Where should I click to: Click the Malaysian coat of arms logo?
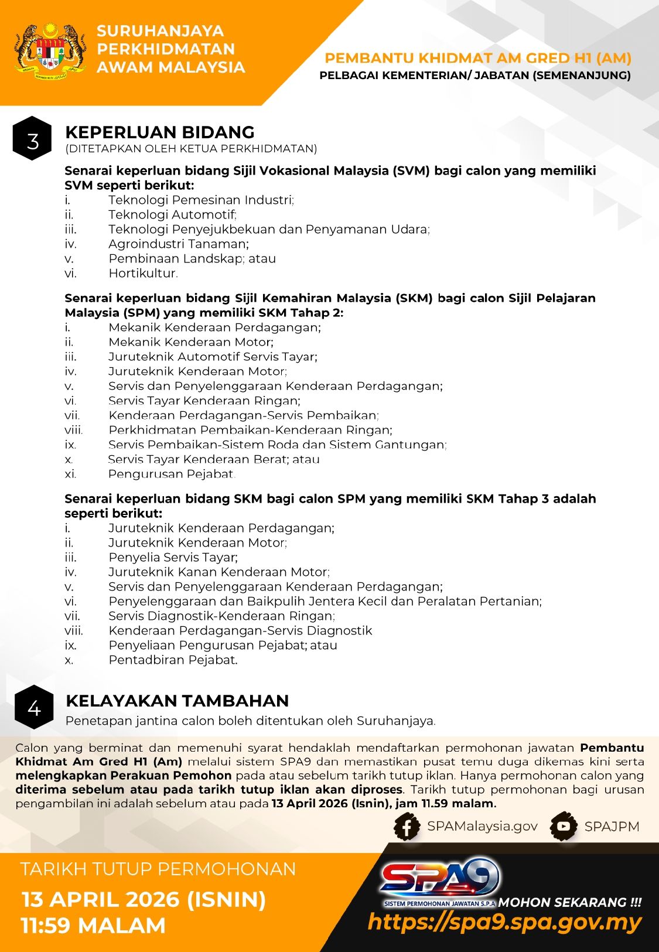pos(50,51)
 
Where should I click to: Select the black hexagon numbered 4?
pos(34,707)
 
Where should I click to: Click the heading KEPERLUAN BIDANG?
pos(159,132)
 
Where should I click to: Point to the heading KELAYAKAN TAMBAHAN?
pos(177,701)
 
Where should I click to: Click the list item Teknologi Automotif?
pos(172,214)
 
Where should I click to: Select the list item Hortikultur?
pos(143,273)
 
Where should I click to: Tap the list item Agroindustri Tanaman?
pos(178,244)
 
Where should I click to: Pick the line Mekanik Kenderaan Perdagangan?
pos(214,327)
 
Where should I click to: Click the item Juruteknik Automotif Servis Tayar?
pos(213,357)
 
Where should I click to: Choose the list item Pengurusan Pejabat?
pos(172,474)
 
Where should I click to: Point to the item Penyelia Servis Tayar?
pos(173,557)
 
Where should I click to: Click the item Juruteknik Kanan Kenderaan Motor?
pos(218,572)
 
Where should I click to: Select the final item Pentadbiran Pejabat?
pos(173,660)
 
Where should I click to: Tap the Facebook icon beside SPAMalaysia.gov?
pos(407,827)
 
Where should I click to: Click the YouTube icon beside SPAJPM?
pos(564,827)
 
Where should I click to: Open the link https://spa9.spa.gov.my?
pos(504,923)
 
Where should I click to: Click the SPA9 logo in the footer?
pos(439,879)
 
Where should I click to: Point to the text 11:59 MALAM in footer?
pos(94,926)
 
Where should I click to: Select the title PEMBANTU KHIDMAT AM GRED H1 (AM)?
pos(477,58)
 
